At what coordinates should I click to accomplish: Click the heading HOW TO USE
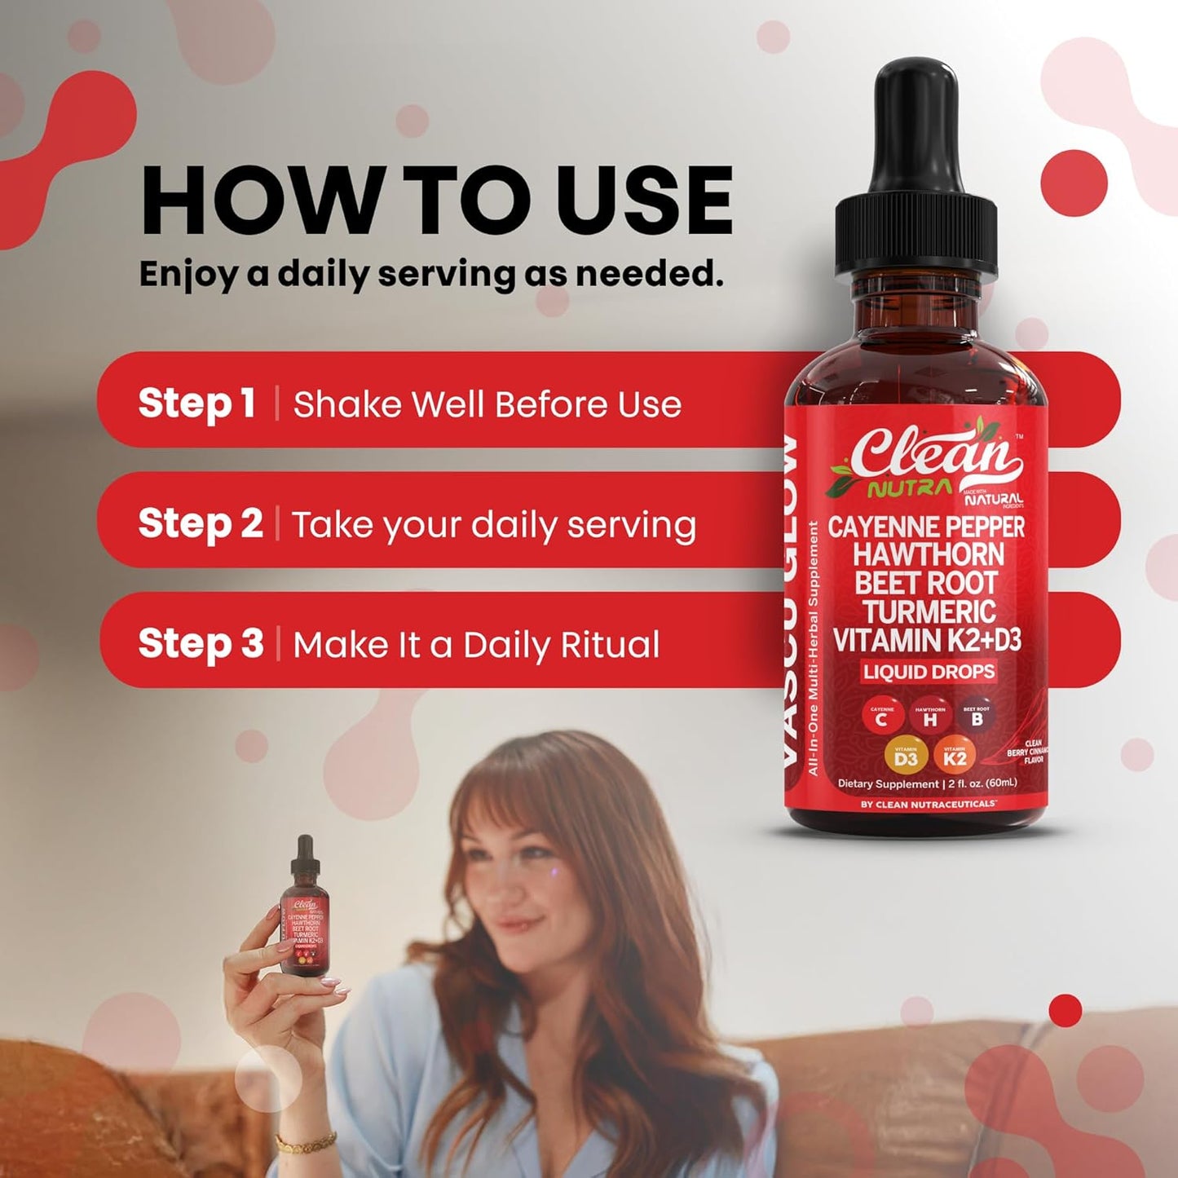(x=436, y=201)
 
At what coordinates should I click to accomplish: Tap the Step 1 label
(x=196, y=404)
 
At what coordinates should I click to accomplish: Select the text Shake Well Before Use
(x=487, y=404)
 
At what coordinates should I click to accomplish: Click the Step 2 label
(x=200, y=523)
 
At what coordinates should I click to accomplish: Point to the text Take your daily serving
(x=494, y=525)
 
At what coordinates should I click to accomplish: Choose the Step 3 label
(x=201, y=643)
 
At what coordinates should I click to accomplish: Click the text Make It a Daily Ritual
(x=476, y=645)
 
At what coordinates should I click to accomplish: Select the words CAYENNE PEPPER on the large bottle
(x=926, y=527)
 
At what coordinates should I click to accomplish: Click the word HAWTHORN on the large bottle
(x=928, y=556)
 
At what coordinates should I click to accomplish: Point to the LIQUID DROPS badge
(x=929, y=672)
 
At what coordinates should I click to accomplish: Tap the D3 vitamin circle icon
(x=906, y=758)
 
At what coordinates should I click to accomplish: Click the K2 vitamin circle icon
(x=955, y=758)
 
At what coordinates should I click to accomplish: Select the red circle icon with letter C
(x=881, y=717)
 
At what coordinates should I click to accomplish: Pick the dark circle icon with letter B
(x=976, y=717)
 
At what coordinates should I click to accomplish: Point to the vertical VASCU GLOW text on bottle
(x=790, y=603)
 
